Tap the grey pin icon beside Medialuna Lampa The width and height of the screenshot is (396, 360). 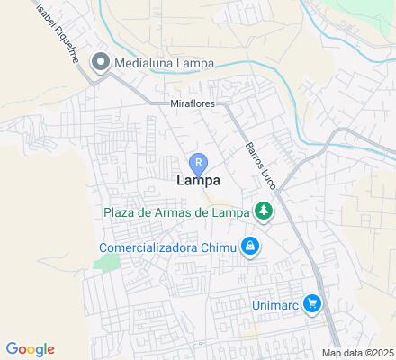(101, 62)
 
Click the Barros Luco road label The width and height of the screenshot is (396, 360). (260, 162)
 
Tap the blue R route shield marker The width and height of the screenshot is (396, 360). (198, 162)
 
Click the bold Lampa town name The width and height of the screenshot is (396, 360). (197, 181)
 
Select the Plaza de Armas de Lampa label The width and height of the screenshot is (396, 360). (175, 212)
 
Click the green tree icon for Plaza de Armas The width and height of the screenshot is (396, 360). (263, 212)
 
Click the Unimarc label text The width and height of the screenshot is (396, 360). (273, 305)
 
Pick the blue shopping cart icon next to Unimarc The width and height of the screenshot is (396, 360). (312, 304)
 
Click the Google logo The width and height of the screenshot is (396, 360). (30, 349)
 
